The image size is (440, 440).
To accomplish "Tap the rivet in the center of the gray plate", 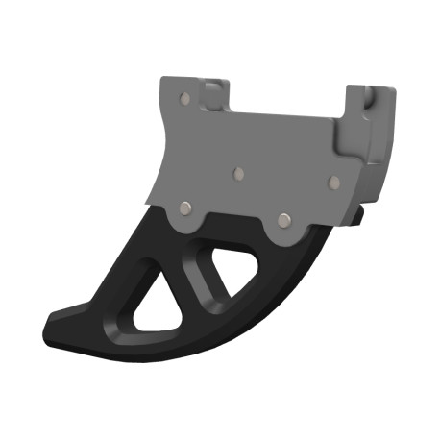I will point(239,175).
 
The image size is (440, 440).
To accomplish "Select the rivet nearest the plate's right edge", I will point(332,181).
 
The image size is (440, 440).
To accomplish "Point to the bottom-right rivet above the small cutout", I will point(283,219).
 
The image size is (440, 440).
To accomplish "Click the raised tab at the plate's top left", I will point(212,94).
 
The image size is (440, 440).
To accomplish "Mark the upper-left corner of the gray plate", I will point(161,81).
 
